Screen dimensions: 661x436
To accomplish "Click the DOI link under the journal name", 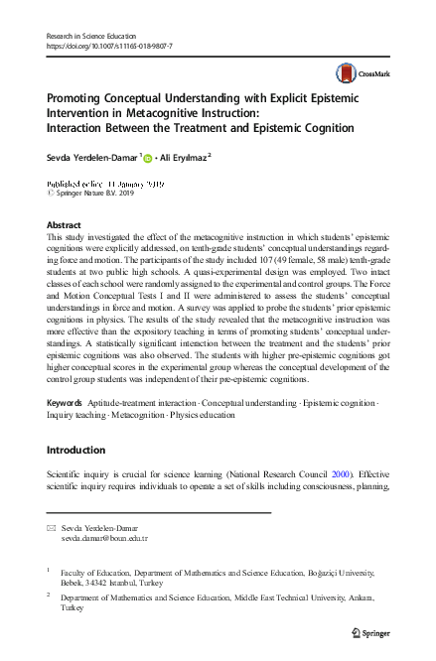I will coord(110,46).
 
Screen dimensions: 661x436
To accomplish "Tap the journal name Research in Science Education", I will coord(97,35).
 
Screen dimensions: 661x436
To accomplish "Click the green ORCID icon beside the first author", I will coord(148,157).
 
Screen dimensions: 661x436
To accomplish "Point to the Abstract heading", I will coord(65,225).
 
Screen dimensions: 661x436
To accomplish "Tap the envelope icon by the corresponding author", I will coord(52,526).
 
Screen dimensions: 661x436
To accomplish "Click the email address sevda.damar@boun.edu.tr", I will coord(104,538).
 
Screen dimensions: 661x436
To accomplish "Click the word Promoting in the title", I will coord(83,99).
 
